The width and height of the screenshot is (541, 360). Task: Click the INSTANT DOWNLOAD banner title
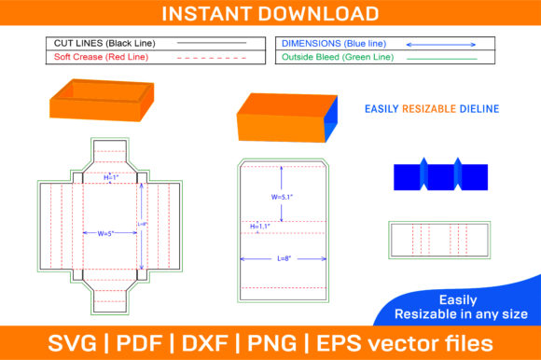pos(270,13)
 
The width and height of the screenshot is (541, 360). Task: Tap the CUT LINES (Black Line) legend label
pos(104,43)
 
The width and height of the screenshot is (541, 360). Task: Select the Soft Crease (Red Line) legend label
pos(101,57)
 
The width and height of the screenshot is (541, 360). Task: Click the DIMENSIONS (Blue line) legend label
pos(334,44)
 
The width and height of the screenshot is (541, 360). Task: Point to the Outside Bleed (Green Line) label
pos(338,57)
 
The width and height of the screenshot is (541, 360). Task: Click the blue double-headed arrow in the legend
pos(441,45)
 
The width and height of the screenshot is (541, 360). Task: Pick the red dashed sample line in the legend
pos(212,58)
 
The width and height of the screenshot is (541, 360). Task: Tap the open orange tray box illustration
pos(102,101)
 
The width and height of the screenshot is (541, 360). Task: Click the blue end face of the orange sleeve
pos(331,119)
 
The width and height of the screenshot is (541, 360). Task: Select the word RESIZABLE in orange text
pos(429,109)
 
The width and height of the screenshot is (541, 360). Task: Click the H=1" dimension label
pos(111,177)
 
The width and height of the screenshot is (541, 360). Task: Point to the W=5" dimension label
pos(105,233)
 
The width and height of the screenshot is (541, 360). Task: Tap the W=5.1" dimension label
pos(282,197)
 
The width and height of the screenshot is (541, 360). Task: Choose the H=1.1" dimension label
pos(260,227)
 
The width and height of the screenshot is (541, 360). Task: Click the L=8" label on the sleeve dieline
pos(284,258)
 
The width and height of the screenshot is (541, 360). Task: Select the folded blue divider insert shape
pos(440,174)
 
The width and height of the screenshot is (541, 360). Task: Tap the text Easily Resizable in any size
pos(461,307)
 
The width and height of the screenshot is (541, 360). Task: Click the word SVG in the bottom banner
pos(72,343)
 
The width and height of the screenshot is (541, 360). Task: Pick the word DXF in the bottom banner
pos(204,343)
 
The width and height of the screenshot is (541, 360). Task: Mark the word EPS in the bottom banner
pos(340,343)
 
